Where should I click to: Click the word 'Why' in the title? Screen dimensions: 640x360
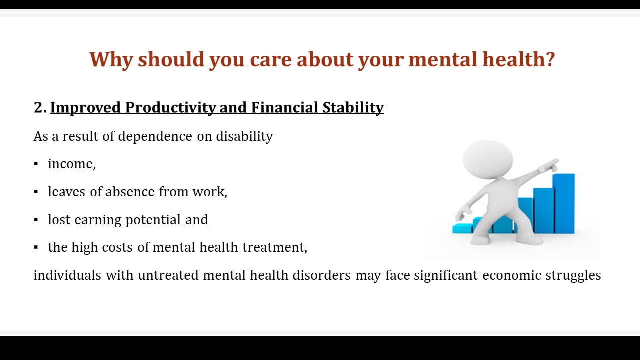pos(111,59)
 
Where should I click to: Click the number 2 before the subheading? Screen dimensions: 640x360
pos(38,107)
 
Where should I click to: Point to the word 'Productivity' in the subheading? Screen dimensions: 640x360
pos(170,107)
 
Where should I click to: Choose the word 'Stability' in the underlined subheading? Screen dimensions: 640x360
pos(353,107)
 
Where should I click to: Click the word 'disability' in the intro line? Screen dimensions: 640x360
pos(244,136)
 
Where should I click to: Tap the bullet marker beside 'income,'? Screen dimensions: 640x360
pos(36,164)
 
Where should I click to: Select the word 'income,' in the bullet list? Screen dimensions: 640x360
pos(72,164)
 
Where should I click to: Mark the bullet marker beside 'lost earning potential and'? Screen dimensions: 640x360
pos(36,220)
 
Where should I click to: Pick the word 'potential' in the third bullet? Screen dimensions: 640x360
pos(153,220)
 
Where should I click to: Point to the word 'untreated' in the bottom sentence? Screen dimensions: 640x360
pos(168,275)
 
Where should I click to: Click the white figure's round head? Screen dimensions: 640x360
pos(488,159)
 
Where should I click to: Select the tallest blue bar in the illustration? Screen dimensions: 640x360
pos(564,203)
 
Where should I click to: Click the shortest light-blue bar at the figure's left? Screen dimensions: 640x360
pos(462,228)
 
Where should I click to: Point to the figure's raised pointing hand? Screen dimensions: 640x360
pos(549,165)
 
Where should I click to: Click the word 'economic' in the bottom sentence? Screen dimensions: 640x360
pos(511,275)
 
